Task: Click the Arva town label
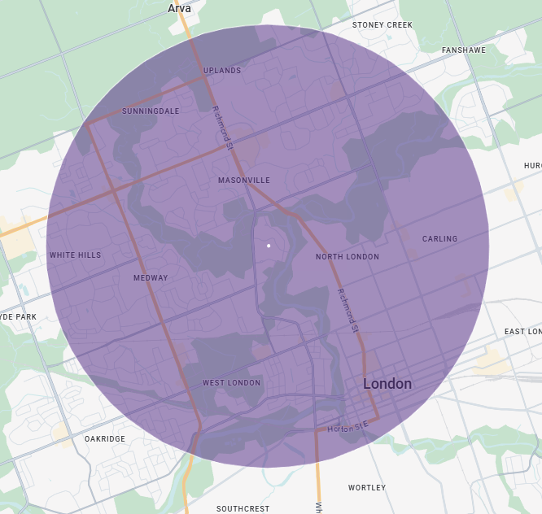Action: click(179, 8)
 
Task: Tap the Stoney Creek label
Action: click(382, 25)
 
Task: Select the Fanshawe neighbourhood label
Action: click(463, 50)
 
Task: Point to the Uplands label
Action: click(222, 71)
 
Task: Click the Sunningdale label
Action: click(151, 111)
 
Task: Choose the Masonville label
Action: click(244, 180)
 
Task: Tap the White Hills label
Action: click(76, 255)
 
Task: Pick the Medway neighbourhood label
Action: click(151, 278)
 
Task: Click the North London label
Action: click(347, 257)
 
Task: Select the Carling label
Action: click(439, 239)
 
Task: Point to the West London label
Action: click(232, 383)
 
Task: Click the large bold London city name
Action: click(387, 384)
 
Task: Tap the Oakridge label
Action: click(105, 439)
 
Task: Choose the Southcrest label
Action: click(243, 509)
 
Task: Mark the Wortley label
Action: click(367, 488)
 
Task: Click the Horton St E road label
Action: click(348, 427)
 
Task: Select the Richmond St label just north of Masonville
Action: click(222, 128)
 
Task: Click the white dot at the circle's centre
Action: click(268, 244)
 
